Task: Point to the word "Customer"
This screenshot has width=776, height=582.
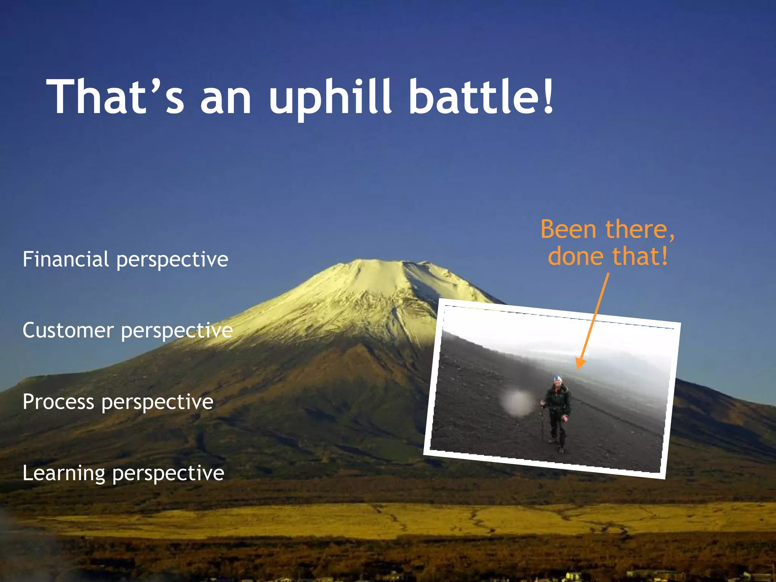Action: [x=68, y=330]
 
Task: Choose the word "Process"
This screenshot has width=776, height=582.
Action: [x=58, y=402]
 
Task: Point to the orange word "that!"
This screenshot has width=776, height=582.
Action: [x=640, y=257]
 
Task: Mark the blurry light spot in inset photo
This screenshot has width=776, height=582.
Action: [x=516, y=403]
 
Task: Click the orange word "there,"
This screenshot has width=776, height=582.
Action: [x=640, y=230]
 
